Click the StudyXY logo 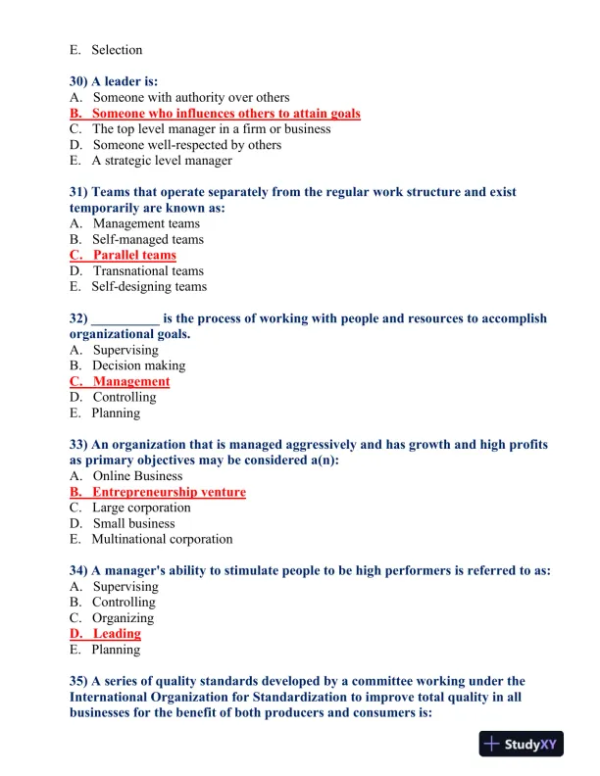(523, 745)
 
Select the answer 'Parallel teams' (134, 256)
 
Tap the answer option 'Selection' (117, 50)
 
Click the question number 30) (79, 81)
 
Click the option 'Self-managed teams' (148, 240)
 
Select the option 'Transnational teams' (148, 271)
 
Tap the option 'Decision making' (138, 366)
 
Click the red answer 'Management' (130, 382)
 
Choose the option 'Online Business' (137, 476)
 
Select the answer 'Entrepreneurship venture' (169, 492)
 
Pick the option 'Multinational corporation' (162, 540)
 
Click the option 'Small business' (133, 524)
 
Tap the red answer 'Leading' (117, 634)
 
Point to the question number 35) (79, 681)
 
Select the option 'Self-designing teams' (149, 287)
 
